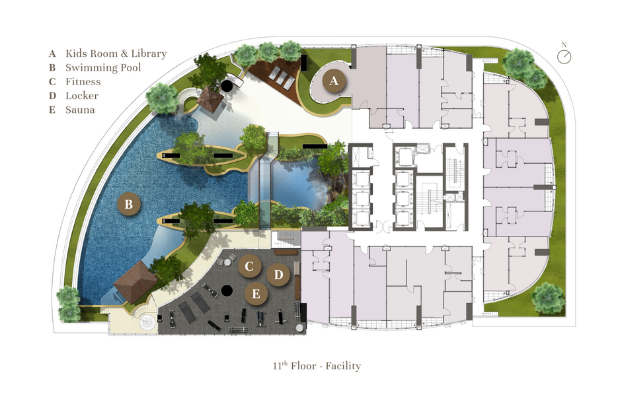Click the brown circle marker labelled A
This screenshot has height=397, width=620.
click(334, 81)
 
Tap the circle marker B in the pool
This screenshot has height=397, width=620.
click(129, 204)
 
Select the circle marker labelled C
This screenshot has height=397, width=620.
click(249, 266)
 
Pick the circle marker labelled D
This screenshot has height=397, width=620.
click(278, 275)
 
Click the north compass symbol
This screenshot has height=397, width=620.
click(564, 57)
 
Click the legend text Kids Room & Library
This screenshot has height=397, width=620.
click(116, 54)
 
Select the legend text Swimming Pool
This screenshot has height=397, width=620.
click(103, 67)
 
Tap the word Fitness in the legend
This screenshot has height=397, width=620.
click(83, 82)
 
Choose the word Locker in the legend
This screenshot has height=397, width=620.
click(82, 96)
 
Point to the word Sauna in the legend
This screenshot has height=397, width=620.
click(80, 110)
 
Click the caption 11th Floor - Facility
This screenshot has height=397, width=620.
click(317, 366)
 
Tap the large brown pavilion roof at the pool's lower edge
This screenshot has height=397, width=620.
click(135, 281)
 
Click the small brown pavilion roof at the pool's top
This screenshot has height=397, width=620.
click(210, 98)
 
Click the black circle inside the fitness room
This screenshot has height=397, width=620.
click(227, 291)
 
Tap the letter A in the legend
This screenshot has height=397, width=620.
click(52, 54)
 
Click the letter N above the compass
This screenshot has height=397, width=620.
click(564, 45)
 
